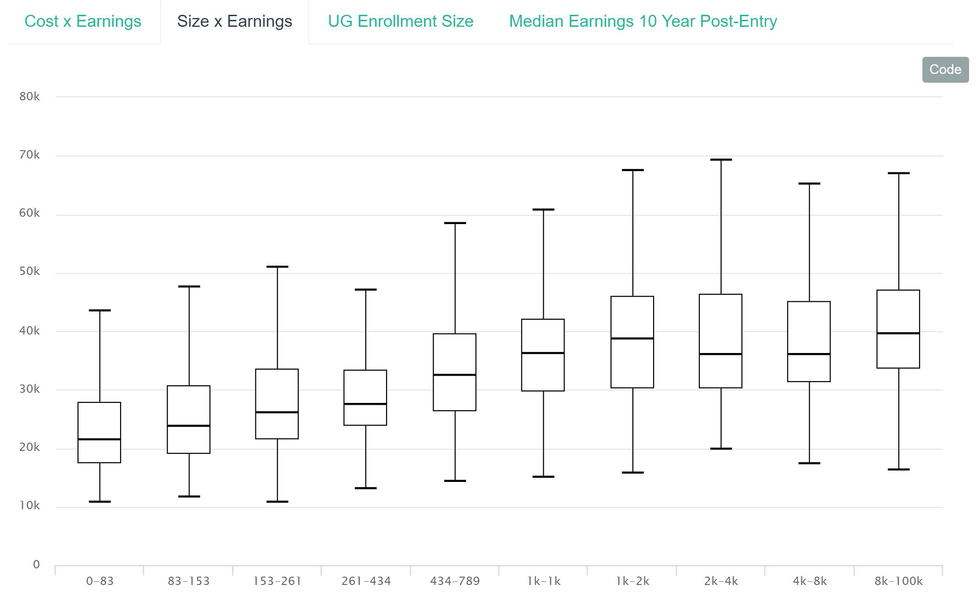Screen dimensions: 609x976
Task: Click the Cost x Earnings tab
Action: (x=83, y=21)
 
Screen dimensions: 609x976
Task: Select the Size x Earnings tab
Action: (x=234, y=21)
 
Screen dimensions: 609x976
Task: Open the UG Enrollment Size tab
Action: (x=400, y=21)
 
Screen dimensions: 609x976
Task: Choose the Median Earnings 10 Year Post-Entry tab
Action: (x=643, y=21)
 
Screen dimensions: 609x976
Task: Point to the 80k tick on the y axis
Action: (x=30, y=97)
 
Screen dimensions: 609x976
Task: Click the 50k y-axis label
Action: (x=30, y=272)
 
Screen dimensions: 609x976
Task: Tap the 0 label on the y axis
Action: (x=36, y=564)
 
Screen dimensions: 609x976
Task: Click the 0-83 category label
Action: (x=100, y=581)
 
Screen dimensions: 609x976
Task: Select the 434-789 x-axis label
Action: (x=455, y=581)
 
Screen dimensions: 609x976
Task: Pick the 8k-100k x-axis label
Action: (x=898, y=581)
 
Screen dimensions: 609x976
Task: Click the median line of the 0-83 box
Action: (x=99, y=439)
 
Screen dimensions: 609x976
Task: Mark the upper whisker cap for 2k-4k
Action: (x=721, y=160)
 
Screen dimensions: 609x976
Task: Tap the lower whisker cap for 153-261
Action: (x=277, y=501)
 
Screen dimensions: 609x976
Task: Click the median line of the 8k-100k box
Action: (x=898, y=333)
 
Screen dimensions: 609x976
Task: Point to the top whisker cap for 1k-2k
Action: (x=632, y=170)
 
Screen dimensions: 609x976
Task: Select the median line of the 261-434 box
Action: (x=365, y=404)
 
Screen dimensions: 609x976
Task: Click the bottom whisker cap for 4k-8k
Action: (x=809, y=463)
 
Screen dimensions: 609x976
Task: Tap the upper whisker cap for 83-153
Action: (x=189, y=286)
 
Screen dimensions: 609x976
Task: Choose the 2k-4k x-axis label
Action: (x=721, y=581)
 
